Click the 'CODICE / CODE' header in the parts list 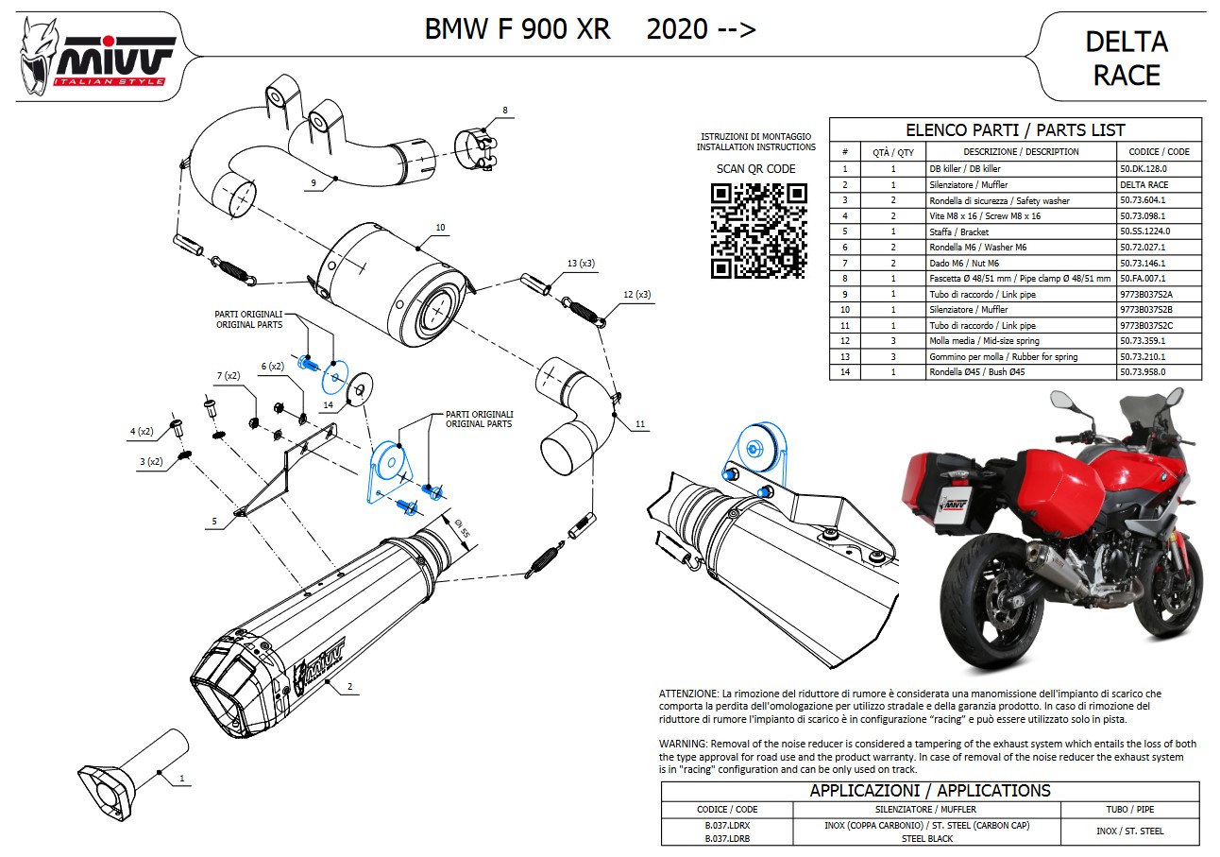pyautogui.click(x=1159, y=151)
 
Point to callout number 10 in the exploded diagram pyautogui.click(x=440, y=228)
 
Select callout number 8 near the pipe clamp pyautogui.click(x=505, y=111)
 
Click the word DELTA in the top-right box pyautogui.click(x=1127, y=42)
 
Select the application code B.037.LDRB pyautogui.click(x=726, y=838)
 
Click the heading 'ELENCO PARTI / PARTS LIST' pyautogui.click(x=1015, y=130)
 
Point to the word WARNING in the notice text pyautogui.click(x=683, y=744)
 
